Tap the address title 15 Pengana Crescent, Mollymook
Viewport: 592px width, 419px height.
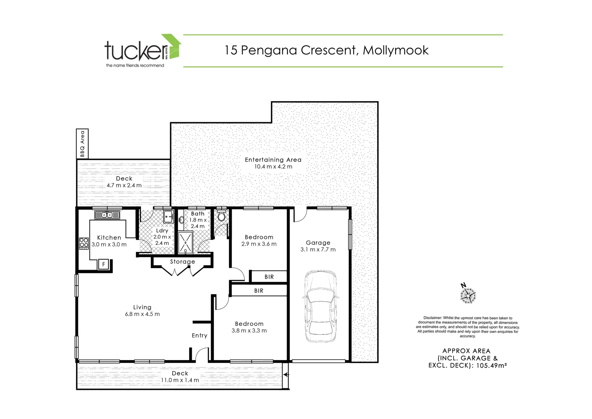[x=327, y=50]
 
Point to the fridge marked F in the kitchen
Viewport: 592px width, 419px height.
[x=103, y=264]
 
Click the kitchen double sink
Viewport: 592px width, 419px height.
[x=107, y=215]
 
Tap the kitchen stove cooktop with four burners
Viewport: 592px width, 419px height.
[x=84, y=243]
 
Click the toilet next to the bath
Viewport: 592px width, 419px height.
[x=222, y=216]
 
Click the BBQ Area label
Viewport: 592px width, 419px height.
[x=82, y=144]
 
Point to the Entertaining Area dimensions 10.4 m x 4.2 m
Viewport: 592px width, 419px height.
[x=273, y=167]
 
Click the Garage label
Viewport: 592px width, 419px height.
[x=318, y=242]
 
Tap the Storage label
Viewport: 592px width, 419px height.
[x=182, y=261]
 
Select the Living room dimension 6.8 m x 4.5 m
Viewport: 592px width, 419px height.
[x=142, y=314]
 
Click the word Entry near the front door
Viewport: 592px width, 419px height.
[x=200, y=336]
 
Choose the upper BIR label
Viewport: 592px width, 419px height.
[x=269, y=277]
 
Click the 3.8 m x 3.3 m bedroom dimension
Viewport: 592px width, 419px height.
[x=249, y=331]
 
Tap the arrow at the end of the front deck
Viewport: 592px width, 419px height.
[x=286, y=375]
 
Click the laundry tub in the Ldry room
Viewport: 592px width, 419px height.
[x=169, y=217]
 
